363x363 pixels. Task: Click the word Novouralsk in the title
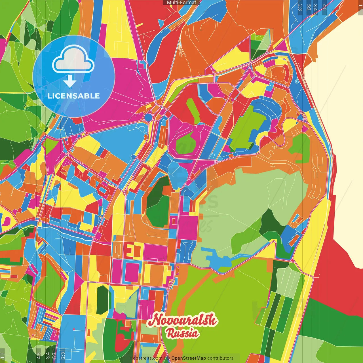182,320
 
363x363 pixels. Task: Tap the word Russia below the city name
182,333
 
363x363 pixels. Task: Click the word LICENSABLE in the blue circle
74,96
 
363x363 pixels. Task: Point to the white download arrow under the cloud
70,81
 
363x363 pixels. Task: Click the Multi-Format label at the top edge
181,2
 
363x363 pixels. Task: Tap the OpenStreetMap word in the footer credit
188,358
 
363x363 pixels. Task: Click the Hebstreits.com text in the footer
146,358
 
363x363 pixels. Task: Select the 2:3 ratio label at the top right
300,7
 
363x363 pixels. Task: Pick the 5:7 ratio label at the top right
309,7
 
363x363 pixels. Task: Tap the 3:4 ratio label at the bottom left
47,355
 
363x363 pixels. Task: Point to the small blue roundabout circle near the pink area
148,117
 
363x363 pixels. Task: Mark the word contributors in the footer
220,358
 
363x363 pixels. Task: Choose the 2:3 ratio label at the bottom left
63,355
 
